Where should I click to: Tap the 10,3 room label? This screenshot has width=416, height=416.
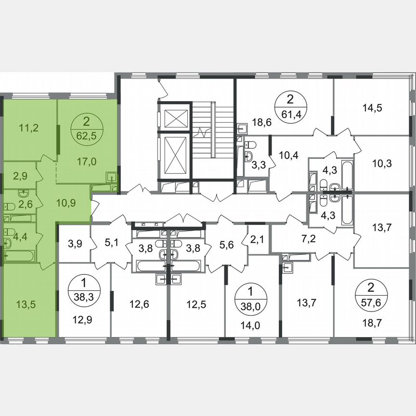click(381, 163)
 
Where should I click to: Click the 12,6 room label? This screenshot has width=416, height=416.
click(140, 304)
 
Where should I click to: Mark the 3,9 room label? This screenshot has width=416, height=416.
click(74, 244)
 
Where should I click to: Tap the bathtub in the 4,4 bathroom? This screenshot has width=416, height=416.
click(19, 255)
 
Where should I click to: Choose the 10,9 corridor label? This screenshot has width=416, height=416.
click(65, 203)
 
